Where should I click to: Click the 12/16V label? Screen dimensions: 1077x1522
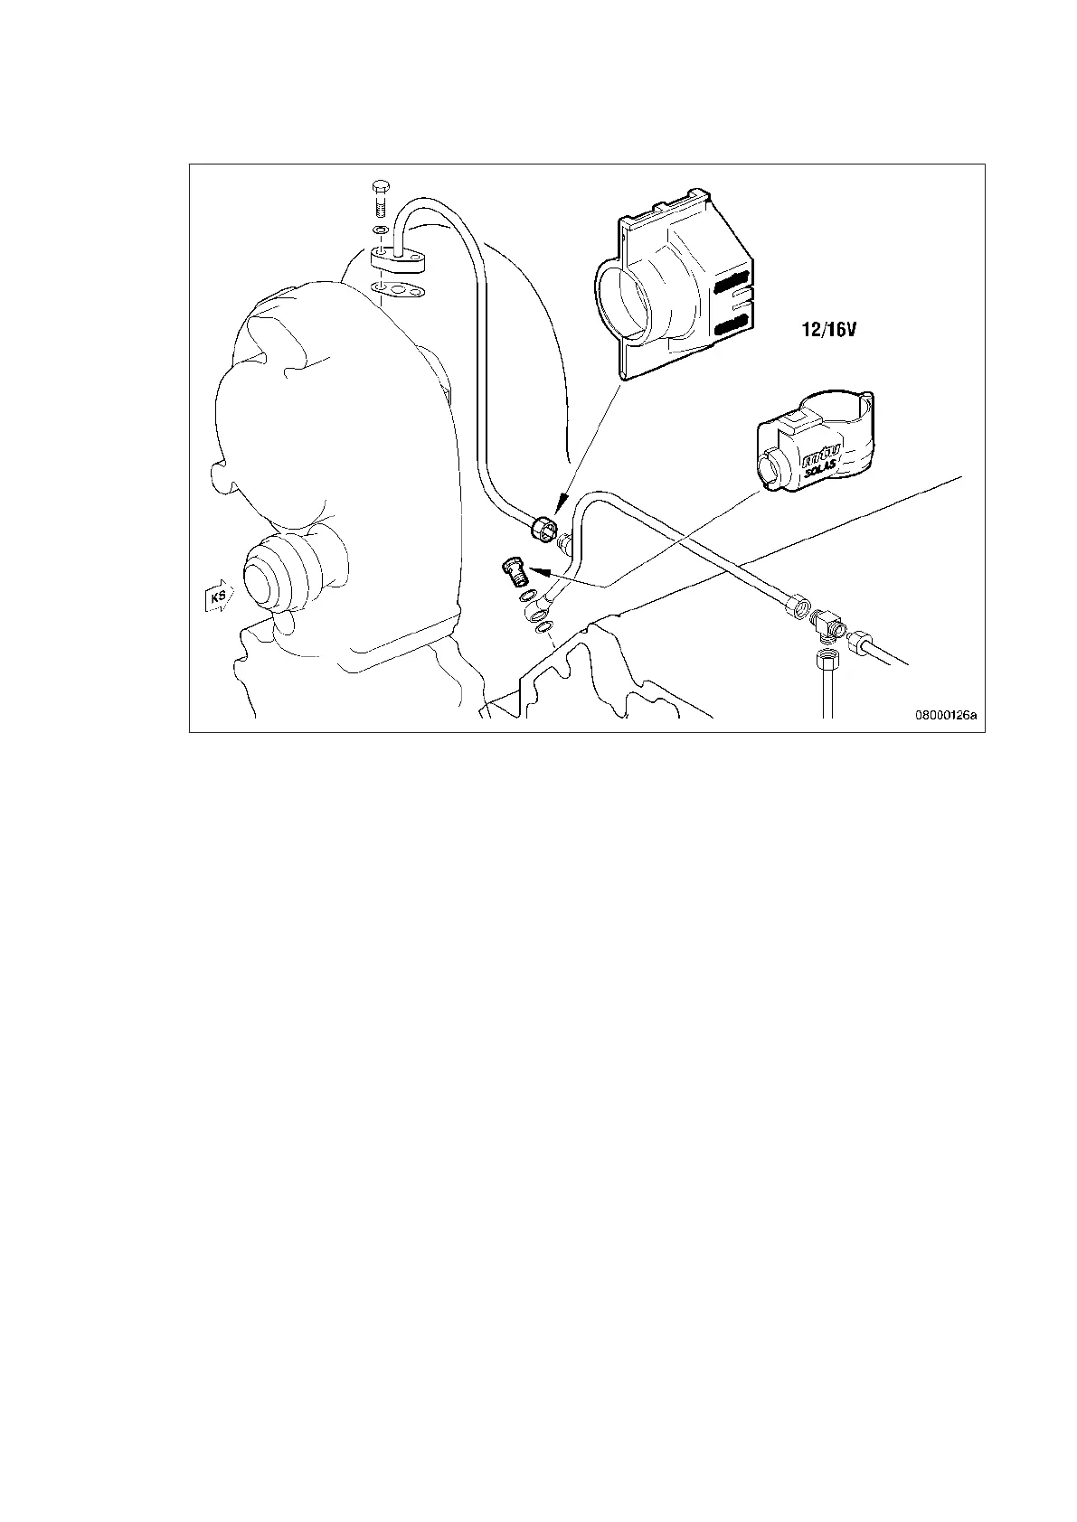(828, 331)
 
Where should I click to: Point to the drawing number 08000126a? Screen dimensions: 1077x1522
(947, 715)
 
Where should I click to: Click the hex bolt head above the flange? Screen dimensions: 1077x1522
(380, 189)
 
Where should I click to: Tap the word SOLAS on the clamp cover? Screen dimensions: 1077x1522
(821, 469)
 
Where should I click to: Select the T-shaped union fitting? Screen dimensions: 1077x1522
(826, 624)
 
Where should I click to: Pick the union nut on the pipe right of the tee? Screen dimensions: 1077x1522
(859, 644)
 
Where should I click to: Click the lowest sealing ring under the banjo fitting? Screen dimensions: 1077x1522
(542, 628)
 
